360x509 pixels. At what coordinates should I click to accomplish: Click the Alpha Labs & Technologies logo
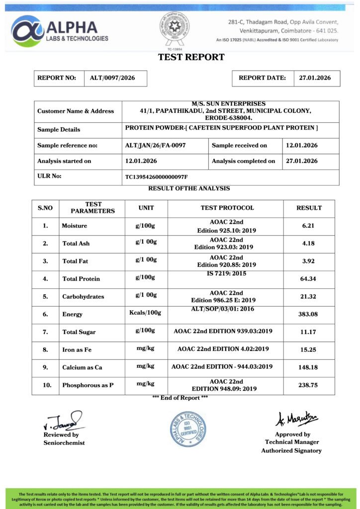click(60, 30)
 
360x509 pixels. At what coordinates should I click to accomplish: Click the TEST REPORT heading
click(191, 57)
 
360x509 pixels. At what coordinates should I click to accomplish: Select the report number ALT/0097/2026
click(112, 78)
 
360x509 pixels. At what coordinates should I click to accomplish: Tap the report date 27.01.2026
click(315, 78)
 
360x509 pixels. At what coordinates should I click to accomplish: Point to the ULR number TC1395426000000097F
click(157, 177)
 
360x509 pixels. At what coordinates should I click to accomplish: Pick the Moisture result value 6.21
click(309, 226)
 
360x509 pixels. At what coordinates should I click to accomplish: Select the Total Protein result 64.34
click(309, 279)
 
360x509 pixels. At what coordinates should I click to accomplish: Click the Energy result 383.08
click(309, 314)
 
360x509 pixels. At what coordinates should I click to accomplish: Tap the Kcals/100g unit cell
click(146, 313)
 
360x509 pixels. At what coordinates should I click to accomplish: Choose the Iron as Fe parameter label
click(77, 350)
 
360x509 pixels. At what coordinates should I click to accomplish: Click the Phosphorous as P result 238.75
click(309, 385)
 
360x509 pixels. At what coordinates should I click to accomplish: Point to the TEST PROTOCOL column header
click(227, 208)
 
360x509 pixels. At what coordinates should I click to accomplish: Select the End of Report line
click(180, 398)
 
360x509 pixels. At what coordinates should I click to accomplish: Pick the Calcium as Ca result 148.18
click(309, 367)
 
